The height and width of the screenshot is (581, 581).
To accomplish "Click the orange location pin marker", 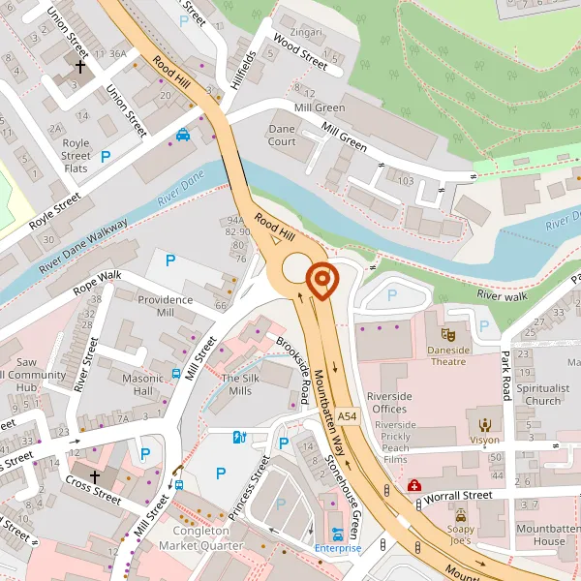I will pos(321,281).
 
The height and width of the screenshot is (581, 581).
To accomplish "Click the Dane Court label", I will pos(282,135).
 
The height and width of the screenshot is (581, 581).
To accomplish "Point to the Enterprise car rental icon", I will pos(337,535).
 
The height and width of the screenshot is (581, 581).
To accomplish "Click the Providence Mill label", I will pos(165,306).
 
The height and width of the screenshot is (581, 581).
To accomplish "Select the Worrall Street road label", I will pos(460,495).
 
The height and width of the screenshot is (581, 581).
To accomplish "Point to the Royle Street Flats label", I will pos(76,156).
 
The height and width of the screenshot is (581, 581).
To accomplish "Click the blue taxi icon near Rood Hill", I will pos(182,136).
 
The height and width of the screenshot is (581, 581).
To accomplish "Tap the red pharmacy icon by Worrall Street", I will pos(414,485).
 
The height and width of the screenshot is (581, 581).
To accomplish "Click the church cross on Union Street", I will pos(80,67).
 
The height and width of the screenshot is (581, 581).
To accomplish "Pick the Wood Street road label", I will pos(300,51).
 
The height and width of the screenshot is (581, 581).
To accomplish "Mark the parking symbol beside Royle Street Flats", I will pos(106,155).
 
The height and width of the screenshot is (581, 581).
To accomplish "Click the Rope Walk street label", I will pos(97,284).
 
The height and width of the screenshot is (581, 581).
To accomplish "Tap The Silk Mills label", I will pos(236,383).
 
